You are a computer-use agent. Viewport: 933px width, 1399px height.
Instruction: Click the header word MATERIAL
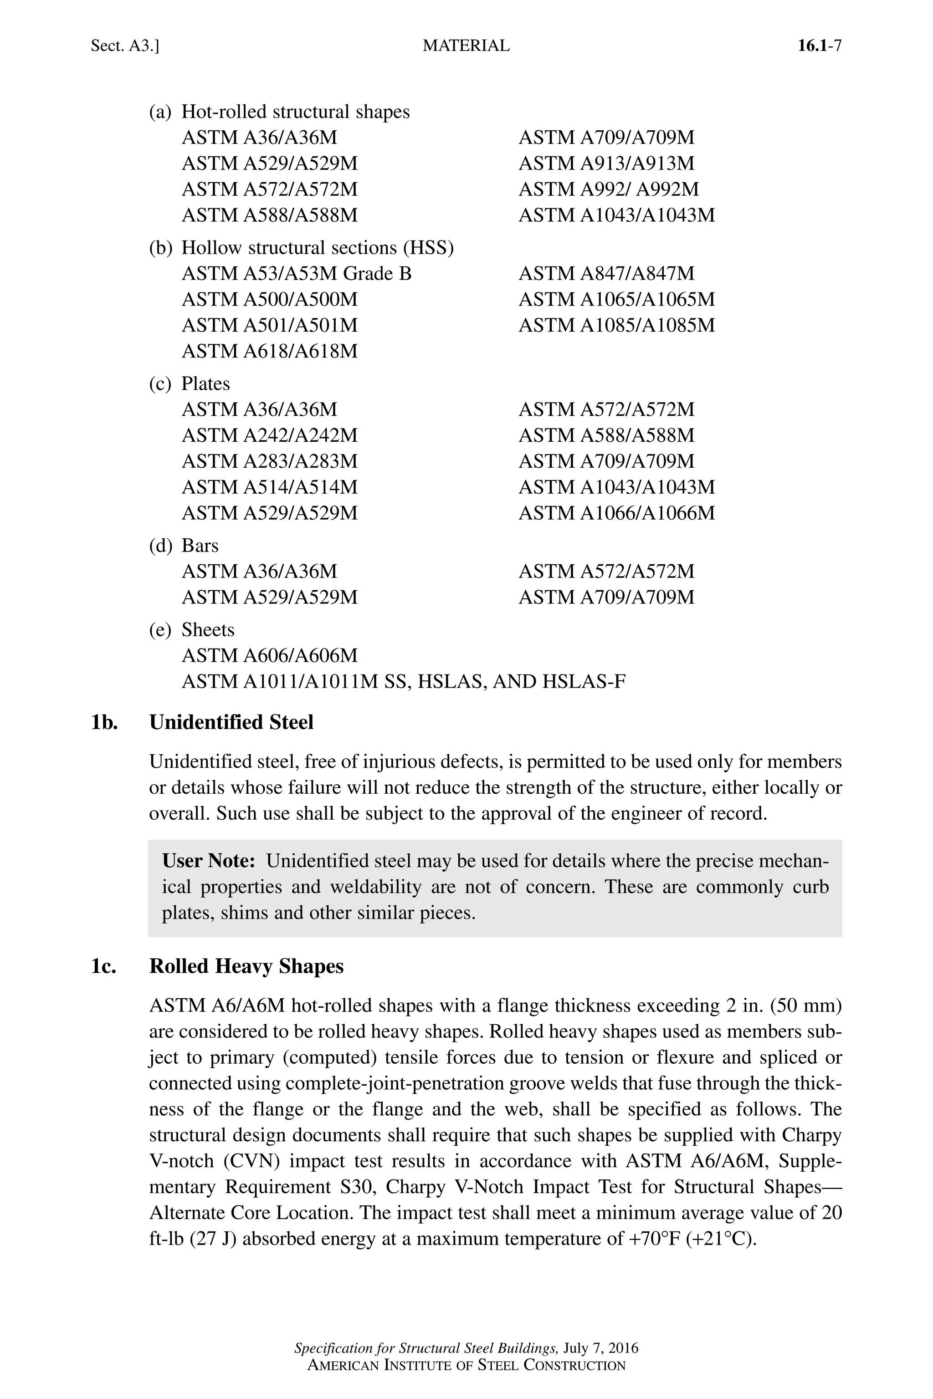click(x=466, y=46)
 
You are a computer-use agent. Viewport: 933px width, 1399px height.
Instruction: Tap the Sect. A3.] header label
click(x=125, y=46)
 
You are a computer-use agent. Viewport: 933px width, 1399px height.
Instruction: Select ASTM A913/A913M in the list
click(x=606, y=163)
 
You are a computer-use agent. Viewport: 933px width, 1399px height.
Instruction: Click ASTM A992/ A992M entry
click(x=609, y=189)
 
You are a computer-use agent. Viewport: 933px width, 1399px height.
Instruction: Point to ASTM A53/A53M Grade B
click(x=296, y=274)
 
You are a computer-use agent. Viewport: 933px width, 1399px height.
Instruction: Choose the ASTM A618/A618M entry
click(x=270, y=351)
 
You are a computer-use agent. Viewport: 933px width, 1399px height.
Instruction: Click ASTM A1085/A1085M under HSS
click(x=616, y=325)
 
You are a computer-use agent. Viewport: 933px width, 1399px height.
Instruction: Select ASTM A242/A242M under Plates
click(x=270, y=435)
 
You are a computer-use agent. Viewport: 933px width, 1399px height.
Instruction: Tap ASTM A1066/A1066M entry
click(x=616, y=513)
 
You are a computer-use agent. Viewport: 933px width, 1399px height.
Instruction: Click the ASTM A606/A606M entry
click(x=270, y=655)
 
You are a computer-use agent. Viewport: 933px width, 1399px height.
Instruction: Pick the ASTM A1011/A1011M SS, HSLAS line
click(x=404, y=682)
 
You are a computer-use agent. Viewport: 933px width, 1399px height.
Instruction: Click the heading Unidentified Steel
click(x=231, y=722)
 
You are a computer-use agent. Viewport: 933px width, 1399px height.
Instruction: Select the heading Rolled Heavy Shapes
click(x=246, y=966)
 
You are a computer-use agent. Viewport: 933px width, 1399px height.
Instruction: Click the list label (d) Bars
click(x=184, y=546)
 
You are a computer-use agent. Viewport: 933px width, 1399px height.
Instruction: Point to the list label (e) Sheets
click(x=192, y=630)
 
